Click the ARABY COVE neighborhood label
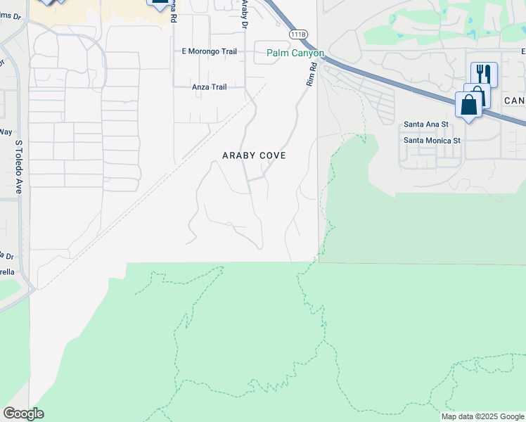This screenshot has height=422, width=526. click(254, 155)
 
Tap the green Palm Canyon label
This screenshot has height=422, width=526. click(295, 53)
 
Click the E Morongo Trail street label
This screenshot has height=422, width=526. click(209, 51)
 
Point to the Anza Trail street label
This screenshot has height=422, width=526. click(210, 87)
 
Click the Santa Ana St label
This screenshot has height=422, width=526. click(425, 124)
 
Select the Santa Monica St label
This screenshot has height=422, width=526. click(432, 140)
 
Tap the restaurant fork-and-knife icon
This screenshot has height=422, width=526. click(484, 73)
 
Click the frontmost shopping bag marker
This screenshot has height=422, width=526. click(468, 105)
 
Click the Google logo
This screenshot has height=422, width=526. click(23, 414)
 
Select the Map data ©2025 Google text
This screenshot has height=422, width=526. click(482, 416)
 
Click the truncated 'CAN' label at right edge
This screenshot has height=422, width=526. click(515, 101)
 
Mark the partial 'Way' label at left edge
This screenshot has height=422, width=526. click(6, 132)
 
